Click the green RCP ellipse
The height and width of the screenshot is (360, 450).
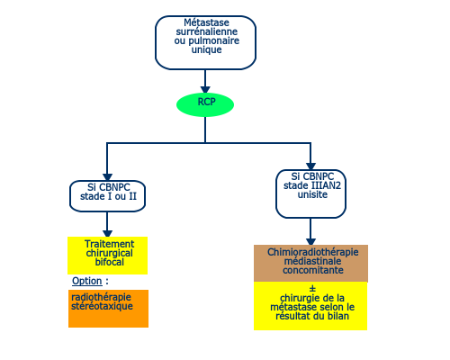pos(205,104)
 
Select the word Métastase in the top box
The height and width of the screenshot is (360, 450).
pos(206,22)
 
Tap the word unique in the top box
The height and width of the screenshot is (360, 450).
pos(206,49)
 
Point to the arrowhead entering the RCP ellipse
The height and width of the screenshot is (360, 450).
pos(205,90)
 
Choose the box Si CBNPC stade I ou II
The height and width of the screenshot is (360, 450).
pos(107,196)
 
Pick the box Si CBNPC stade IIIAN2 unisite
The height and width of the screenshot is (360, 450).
pos(310,193)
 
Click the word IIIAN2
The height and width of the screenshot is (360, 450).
pos(326,185)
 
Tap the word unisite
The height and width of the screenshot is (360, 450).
pos(312,194)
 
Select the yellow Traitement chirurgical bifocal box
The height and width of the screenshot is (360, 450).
pos(108,256)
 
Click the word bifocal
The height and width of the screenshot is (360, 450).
pos(110,262)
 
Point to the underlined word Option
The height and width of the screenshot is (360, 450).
pos(87,281)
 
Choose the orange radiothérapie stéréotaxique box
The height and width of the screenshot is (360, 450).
pos(108,309)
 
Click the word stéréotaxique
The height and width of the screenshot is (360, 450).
pos(102,306)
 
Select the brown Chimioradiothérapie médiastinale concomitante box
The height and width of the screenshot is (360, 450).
pos(310,264)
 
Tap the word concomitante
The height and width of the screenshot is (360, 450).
pos(313,270)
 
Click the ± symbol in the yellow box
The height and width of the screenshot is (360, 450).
pos(312,289)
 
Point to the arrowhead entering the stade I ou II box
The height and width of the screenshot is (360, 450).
pos(107,177)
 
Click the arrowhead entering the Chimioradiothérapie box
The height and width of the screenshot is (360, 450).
pos(310,241)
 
